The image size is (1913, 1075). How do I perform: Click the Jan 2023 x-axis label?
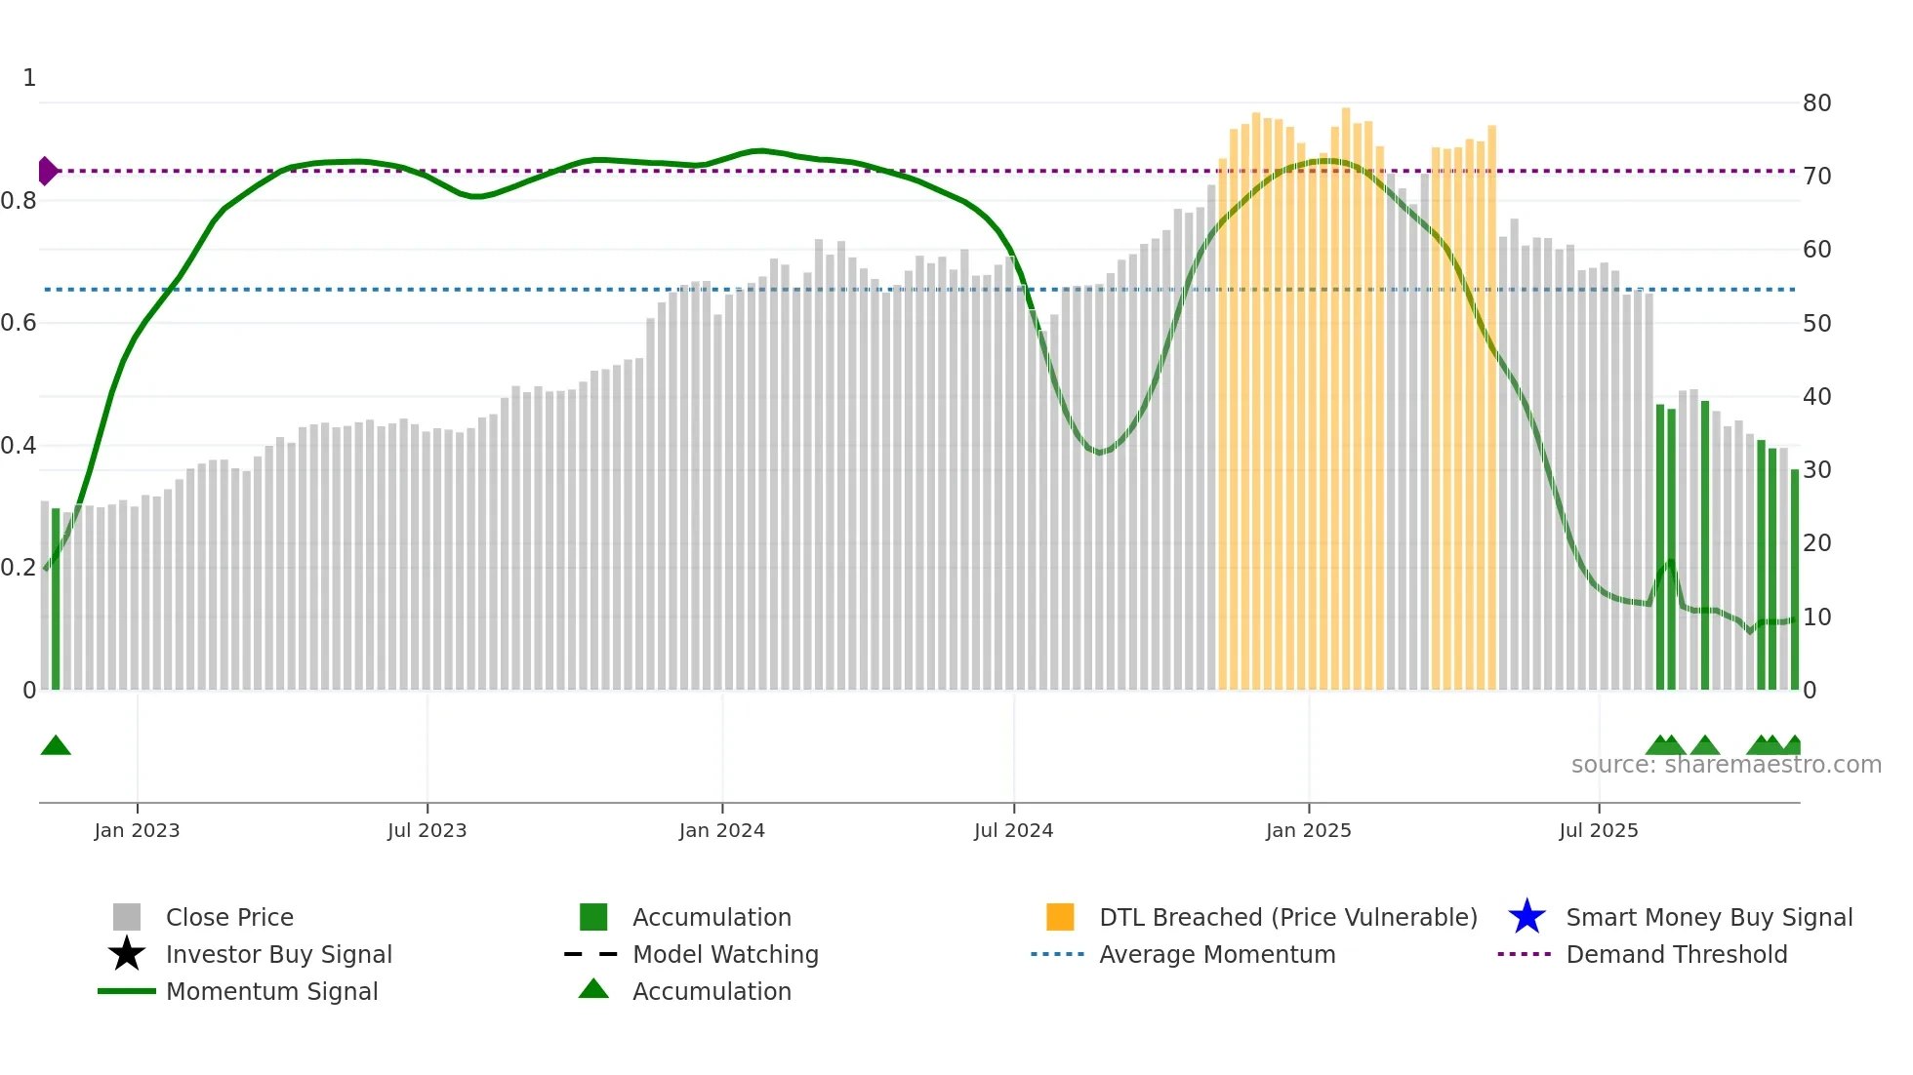[137, 830]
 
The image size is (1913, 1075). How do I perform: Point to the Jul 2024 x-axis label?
[1013, 830]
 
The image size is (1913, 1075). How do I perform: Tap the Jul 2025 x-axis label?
[1598, 830]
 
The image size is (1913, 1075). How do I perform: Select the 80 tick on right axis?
[1816, 103]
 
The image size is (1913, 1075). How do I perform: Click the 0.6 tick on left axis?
[19, 323]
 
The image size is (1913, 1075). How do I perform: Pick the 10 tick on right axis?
[1816, 617]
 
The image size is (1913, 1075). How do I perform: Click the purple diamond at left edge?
[47, 171]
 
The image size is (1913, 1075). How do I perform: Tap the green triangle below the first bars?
[56, 746]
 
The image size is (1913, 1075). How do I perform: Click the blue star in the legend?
[1526, 917]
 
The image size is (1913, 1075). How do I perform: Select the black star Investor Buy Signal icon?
[127, 954]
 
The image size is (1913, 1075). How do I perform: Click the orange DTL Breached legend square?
[1060, 917]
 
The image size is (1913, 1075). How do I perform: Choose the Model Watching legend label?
[725, 954]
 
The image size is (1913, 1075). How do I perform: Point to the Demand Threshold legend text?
[1676, 954]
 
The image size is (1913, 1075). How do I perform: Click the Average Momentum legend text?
[1217, 954]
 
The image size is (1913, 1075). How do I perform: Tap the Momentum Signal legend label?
[271, 991]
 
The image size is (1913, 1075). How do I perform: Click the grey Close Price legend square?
[127, 917]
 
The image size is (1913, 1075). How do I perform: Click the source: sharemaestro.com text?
[1726, 765]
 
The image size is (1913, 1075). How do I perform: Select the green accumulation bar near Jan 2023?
[56, 600]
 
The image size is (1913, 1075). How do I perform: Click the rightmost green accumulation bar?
[1794, 580]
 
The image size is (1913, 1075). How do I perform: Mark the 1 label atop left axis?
[29, 78]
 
